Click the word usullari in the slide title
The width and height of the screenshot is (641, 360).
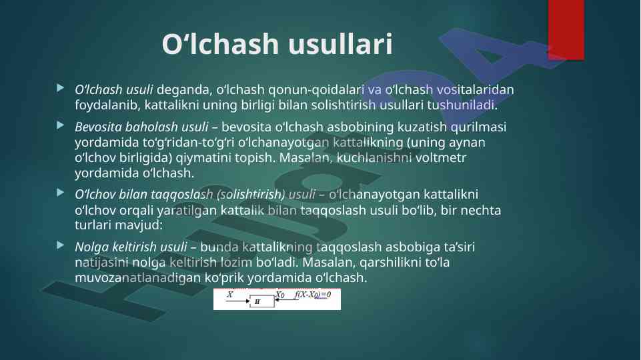pyautogui.click(x=340, y=44)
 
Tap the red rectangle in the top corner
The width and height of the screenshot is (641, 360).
pyautogui.click(x=566, y=30)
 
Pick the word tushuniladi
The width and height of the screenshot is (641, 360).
pyautogui.click(x=462, y=105)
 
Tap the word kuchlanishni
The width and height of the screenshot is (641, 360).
pyautogui.click(x=374, y=157)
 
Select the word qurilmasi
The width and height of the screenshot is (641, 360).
pyautogui.click(x=478, y=127)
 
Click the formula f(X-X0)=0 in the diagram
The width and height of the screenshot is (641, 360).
pyautogui.click(x=313, y=295)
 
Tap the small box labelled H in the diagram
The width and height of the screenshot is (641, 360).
pyautogui.click(x=262, y=301)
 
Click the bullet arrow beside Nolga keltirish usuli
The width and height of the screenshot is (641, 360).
pyautogui.click(x=61, y=245)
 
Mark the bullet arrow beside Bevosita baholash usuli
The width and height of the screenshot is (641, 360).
pyautogui.click(x=61, y=125)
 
